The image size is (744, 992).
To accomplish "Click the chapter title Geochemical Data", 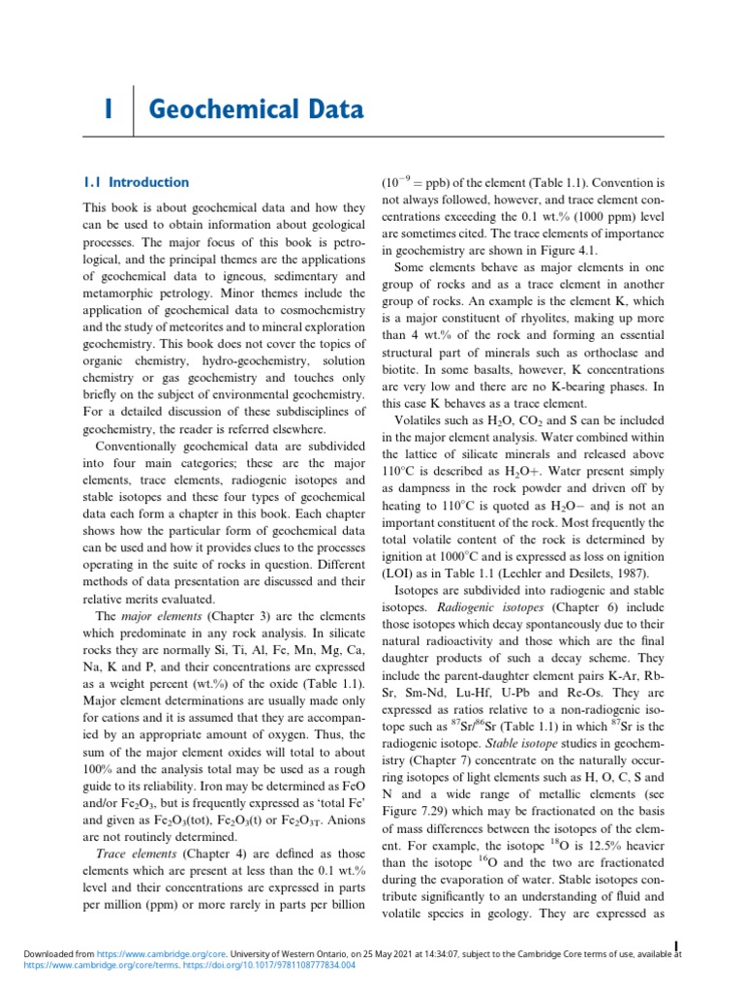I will (257, 110).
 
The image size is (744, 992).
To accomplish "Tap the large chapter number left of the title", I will (109, 110).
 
